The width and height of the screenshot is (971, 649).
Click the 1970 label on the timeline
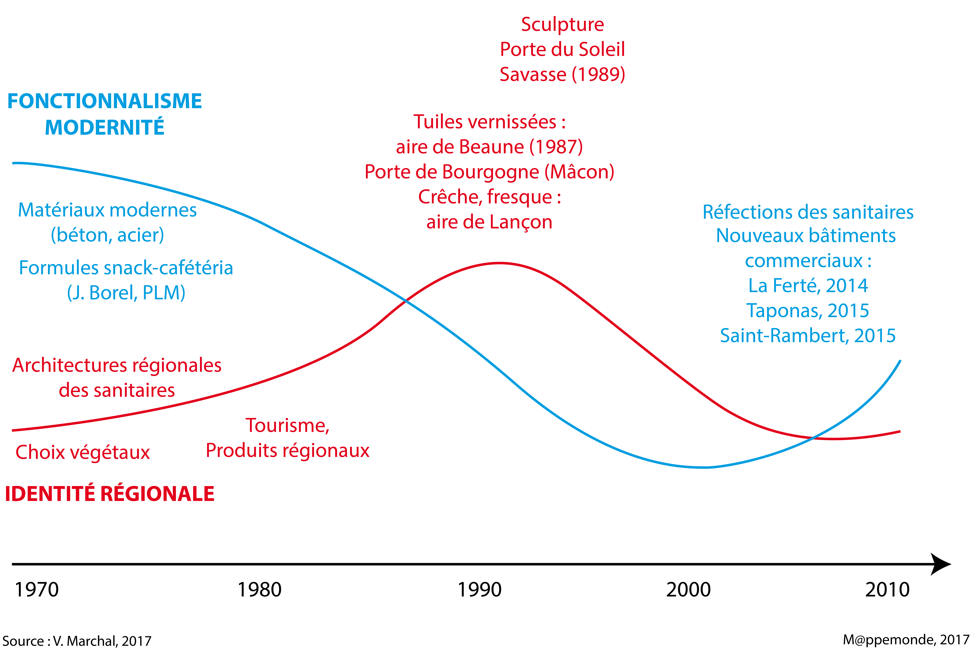pos(37,589)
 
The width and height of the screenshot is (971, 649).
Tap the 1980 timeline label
pos(259,589)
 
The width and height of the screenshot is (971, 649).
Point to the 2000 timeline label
pos(688,589)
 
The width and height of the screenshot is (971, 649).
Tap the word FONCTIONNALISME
pos(105,101)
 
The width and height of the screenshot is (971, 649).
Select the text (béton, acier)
pos(107,235)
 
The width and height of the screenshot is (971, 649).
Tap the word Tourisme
pos(287,425)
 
